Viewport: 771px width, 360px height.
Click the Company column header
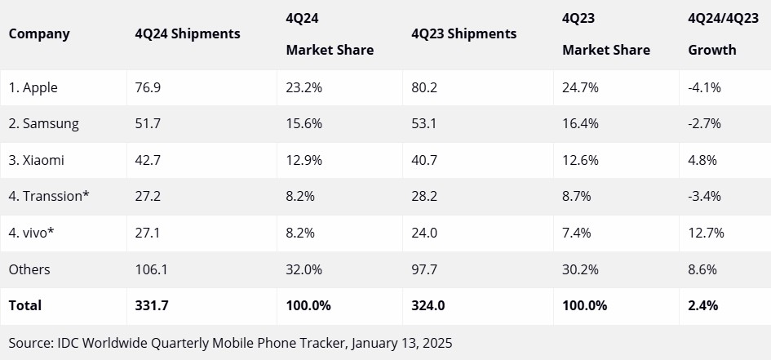pos(39,33)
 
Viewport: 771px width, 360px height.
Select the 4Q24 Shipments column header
pos(188,33)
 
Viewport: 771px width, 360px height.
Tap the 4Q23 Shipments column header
pos(464,33)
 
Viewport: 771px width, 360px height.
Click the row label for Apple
pos(33,87)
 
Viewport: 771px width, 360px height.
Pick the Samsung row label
pos(44,124)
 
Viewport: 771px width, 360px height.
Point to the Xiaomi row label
pos(37,160)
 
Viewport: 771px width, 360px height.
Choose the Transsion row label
pos(48,197)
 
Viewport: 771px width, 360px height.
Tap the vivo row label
pos(33,233)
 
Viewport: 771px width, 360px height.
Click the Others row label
pos(29,269)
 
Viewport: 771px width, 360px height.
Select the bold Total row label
pos(25,305)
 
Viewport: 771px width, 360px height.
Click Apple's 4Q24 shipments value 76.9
pos(148,87)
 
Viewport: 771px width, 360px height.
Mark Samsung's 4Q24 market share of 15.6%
pos(304,124)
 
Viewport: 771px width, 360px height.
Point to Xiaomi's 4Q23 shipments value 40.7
pos(424,160)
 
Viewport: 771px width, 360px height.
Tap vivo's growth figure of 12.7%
pos(707,233)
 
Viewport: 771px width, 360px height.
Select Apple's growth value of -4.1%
pos(705,87)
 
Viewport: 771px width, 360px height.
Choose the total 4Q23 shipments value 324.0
pos(428,305)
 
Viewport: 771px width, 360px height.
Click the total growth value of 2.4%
pos(703,305)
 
